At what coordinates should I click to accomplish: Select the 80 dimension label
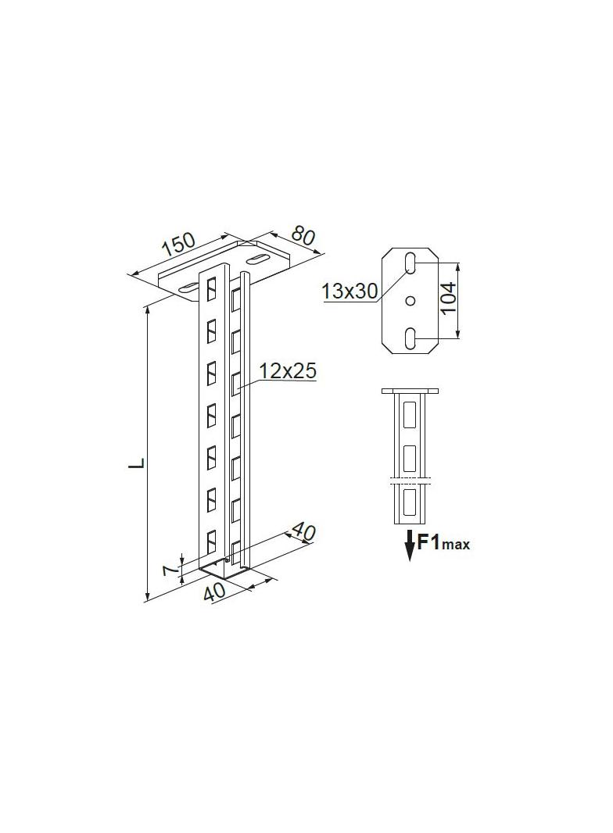pyautogui.click(x=303, y=236)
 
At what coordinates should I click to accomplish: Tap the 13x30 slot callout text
pyautogui.click(x=350, y=291)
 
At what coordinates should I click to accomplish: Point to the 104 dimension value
pyautogui.click(x=449, y=299)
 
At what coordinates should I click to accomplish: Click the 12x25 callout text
pyautogui.click(x=288, y=372)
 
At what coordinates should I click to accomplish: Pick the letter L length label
pyautogui.click(x=136, y=463)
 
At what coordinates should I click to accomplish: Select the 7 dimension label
pyautogui.click(x=168, y=570)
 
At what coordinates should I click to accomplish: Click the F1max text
pyautogui.click(x=443, y=542)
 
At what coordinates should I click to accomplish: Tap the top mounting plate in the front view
pyautogui.click(x=410, y=390)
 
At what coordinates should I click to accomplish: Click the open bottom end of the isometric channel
pyautogui.click(x=224, y=569)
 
